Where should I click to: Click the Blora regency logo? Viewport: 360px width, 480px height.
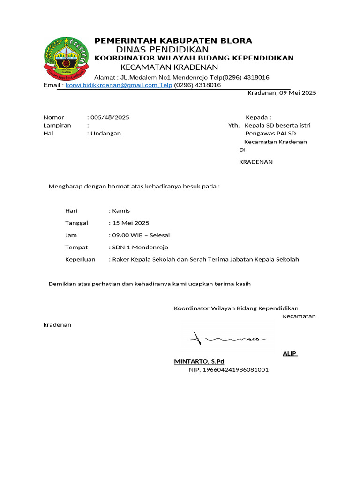coord(66,58)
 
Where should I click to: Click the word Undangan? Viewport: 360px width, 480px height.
coord(106,133)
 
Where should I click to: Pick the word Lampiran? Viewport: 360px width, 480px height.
coord(57,125)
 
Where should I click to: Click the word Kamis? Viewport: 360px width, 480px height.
coord(121,211)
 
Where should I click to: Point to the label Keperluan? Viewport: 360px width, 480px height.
coord(80,260)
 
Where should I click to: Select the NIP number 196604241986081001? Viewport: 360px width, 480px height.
coord(229,370)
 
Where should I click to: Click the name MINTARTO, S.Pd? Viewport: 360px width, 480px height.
coord(199,361)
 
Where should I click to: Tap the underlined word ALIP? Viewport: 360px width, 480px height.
coord(290,353)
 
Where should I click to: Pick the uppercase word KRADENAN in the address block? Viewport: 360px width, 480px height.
coord(256,162)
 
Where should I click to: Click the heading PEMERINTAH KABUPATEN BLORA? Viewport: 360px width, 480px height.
coord(173,41)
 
